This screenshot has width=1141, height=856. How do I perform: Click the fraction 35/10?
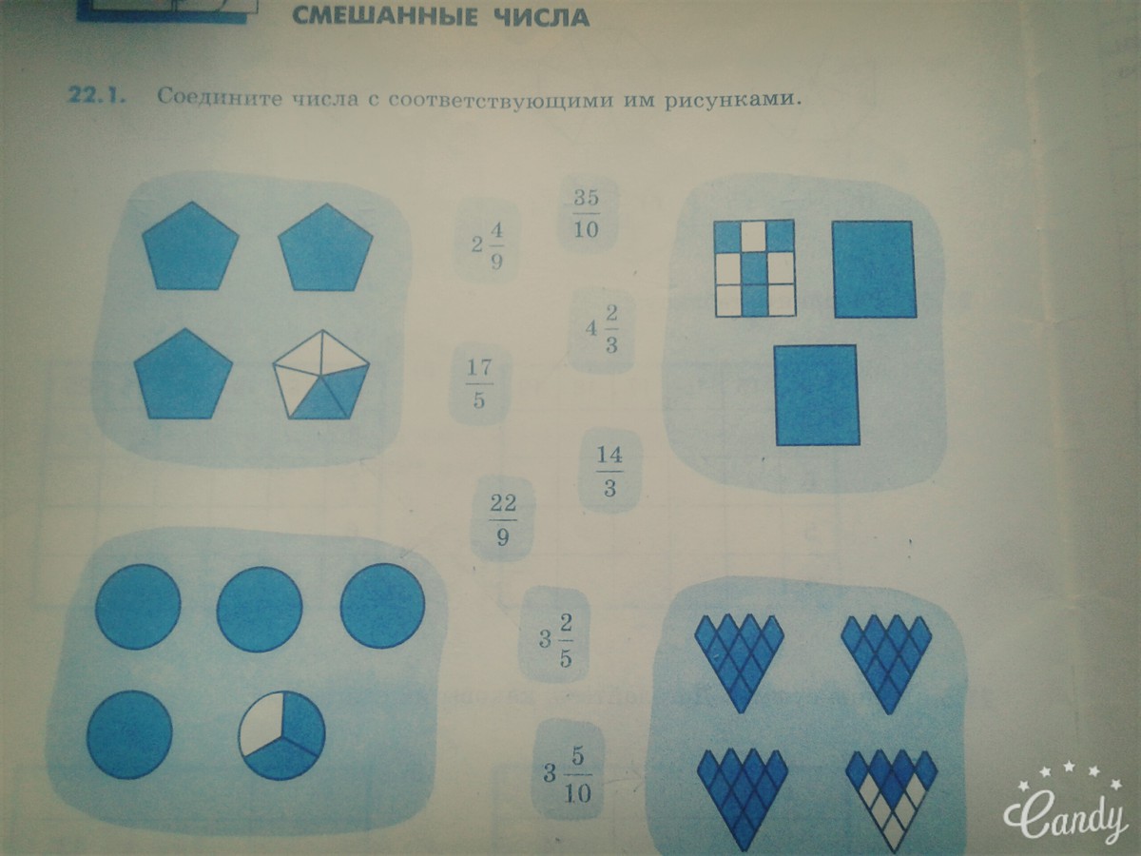(x=587, y=214)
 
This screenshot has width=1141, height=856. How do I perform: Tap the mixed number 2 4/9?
(x=487, y=245)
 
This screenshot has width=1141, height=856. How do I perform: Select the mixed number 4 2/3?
(x=602, y=329)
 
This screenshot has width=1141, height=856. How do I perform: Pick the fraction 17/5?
(x=479, y=383)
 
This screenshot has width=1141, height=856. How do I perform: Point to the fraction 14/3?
(x=609, y=471)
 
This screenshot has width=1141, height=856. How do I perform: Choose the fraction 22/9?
(x=503, y=519)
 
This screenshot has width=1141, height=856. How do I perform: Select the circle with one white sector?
(x=282, y=735)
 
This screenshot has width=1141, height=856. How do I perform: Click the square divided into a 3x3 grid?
(x=755, y=267)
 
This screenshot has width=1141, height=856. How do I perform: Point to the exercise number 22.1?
(x=97, y=97)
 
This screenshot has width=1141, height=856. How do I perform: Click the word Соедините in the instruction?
(x=220, y=97)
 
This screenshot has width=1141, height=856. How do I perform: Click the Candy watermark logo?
(x=1065, y=812)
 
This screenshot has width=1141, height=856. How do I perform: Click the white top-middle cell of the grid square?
(x=754, y=236)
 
